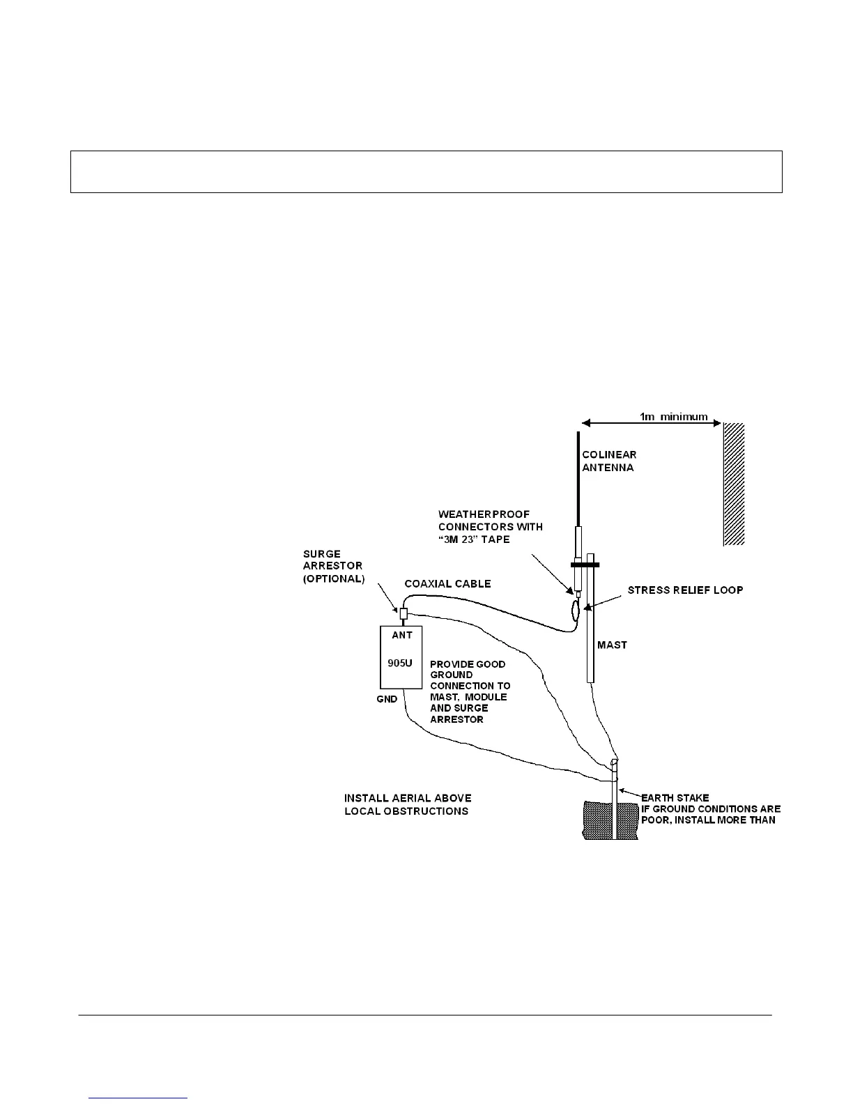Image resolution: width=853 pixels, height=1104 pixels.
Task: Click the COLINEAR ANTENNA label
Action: point(609,461)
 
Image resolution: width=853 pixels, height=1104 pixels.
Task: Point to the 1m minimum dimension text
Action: point(673,417)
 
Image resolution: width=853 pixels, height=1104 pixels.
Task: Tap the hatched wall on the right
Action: point(734,484)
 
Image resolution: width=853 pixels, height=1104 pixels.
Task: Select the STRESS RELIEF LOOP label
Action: point(685,590)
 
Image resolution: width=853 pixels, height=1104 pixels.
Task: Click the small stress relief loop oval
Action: point(575,611)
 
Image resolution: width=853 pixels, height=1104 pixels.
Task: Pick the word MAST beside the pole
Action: point(612,645)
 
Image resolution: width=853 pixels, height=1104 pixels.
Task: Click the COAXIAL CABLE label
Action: point(447,583)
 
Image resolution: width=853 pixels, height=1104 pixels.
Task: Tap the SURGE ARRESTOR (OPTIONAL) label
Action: point(332,567)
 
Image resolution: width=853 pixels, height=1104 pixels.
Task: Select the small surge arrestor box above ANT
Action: point(403,613)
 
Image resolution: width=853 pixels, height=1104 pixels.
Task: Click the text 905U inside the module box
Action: point(400,663)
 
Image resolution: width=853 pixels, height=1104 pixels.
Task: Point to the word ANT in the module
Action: point(402,635)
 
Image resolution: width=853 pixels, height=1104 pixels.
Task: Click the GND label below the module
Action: point(387,699)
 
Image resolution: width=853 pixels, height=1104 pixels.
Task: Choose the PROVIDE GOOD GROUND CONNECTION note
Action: point(469,691)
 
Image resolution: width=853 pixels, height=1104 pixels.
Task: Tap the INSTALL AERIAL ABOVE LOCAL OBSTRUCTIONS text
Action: point(408,804)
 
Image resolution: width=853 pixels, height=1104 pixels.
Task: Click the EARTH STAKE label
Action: point(675,797)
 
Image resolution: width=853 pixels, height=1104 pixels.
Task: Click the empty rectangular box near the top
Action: point(426,171)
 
